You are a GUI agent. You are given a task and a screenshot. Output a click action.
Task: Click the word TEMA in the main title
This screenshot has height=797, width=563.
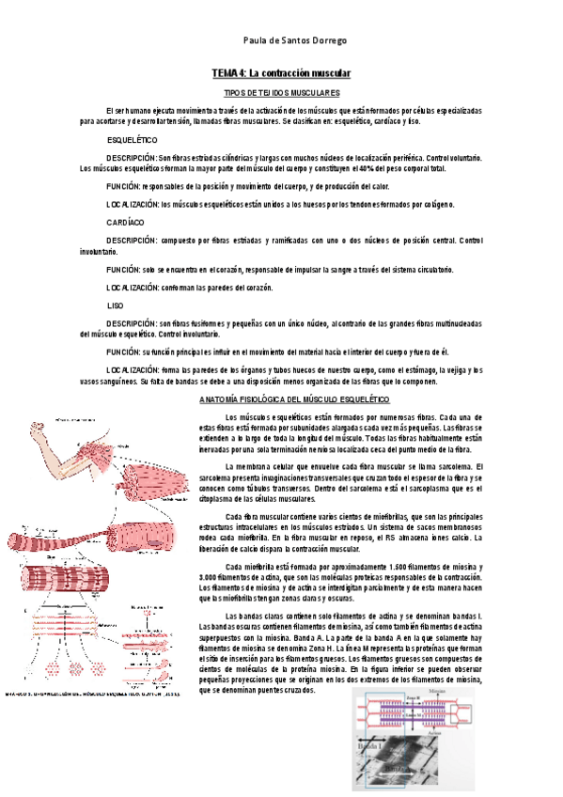click(225, 73)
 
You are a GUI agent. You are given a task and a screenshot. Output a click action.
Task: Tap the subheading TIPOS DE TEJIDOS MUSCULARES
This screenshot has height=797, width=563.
click(281, 94)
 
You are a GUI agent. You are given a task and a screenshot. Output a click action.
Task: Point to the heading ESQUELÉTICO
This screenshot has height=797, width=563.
click(132, 139)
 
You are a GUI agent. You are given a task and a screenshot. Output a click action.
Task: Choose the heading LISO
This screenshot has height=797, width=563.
click(116, 306)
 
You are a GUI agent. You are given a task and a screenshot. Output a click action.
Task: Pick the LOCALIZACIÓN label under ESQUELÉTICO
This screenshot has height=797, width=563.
click(133, 203)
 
